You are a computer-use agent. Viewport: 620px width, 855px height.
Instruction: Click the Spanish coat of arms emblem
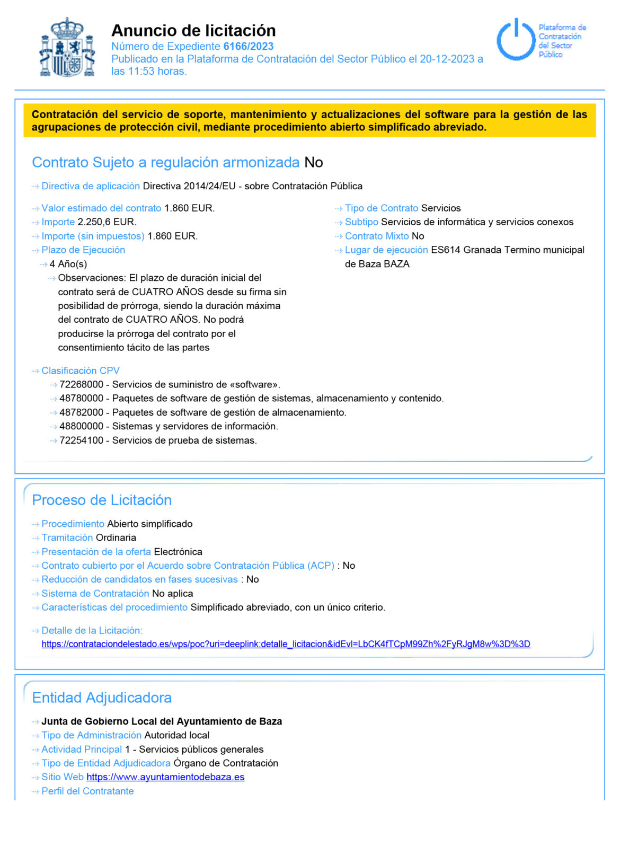[67, 48]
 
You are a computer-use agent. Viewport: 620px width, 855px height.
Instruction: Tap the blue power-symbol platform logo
[516, 40]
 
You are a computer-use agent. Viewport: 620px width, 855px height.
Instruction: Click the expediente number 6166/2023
[248, 46]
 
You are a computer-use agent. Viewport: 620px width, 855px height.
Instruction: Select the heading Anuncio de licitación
[193, 30]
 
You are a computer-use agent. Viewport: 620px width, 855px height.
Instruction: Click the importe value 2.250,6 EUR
[107, 222]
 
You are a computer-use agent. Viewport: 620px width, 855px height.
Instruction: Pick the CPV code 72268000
[81, 385]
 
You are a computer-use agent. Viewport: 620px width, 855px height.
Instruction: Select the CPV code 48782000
[81, 412]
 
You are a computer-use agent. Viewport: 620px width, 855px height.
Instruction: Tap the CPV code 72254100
[81, 440]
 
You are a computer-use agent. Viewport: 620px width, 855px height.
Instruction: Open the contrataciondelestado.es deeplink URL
[286, 645]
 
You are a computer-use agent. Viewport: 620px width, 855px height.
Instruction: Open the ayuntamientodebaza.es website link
[165, 777]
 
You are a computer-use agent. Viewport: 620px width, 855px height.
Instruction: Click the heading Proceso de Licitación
[102, 500]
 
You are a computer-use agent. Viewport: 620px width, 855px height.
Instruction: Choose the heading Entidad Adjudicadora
[102, 698]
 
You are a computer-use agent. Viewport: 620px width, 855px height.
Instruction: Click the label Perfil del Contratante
[87, 791]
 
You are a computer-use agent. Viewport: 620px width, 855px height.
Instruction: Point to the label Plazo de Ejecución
[83, 250]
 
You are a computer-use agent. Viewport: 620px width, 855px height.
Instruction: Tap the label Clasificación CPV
[81, 371]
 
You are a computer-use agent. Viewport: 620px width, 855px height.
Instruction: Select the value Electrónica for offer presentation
[178, 552]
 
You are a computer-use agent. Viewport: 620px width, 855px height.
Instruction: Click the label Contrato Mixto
[377, 236]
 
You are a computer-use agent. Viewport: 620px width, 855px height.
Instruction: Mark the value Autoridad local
[177, 735]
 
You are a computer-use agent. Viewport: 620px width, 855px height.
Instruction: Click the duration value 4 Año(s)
[68, 264]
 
